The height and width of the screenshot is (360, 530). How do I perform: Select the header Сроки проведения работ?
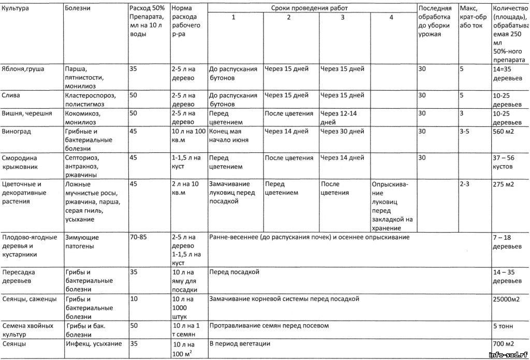point(310,8)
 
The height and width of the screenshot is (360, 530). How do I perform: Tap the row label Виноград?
point(17,132)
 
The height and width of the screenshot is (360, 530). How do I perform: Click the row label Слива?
point(11,95)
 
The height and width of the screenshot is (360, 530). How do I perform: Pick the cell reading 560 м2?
point(504,132)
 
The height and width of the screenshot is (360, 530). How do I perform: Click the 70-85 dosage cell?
point(138,237)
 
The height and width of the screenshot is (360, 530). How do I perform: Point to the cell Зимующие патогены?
point(82,242)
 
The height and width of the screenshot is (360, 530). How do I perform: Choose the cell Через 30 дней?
point(342,132)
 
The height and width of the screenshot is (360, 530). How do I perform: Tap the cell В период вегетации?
point(240,343)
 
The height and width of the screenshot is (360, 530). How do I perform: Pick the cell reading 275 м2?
point(504,184)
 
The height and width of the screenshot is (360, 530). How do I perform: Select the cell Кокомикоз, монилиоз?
point(86,118)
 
